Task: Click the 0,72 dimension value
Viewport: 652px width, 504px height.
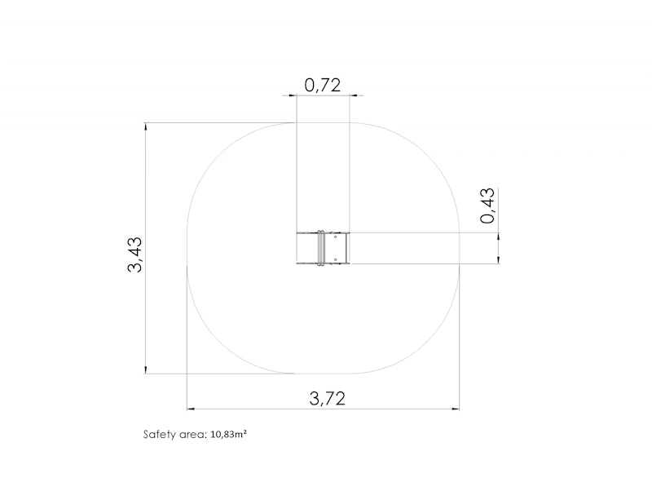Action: (x=322, y=86)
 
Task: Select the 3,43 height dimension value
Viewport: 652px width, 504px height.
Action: (x=134, y=254)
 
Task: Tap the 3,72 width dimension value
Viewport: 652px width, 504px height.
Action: (x=328, y=399)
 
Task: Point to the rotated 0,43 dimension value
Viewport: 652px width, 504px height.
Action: (x=487, y=206)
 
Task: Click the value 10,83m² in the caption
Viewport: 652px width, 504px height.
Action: (x=229, y=435)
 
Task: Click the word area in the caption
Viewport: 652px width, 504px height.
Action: (x=192, y=435)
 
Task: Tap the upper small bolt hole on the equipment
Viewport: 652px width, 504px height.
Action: (x=335, y=237)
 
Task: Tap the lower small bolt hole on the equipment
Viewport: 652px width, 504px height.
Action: (x=335, y=259)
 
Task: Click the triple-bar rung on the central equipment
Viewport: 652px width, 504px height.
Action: (x=320, y=248)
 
